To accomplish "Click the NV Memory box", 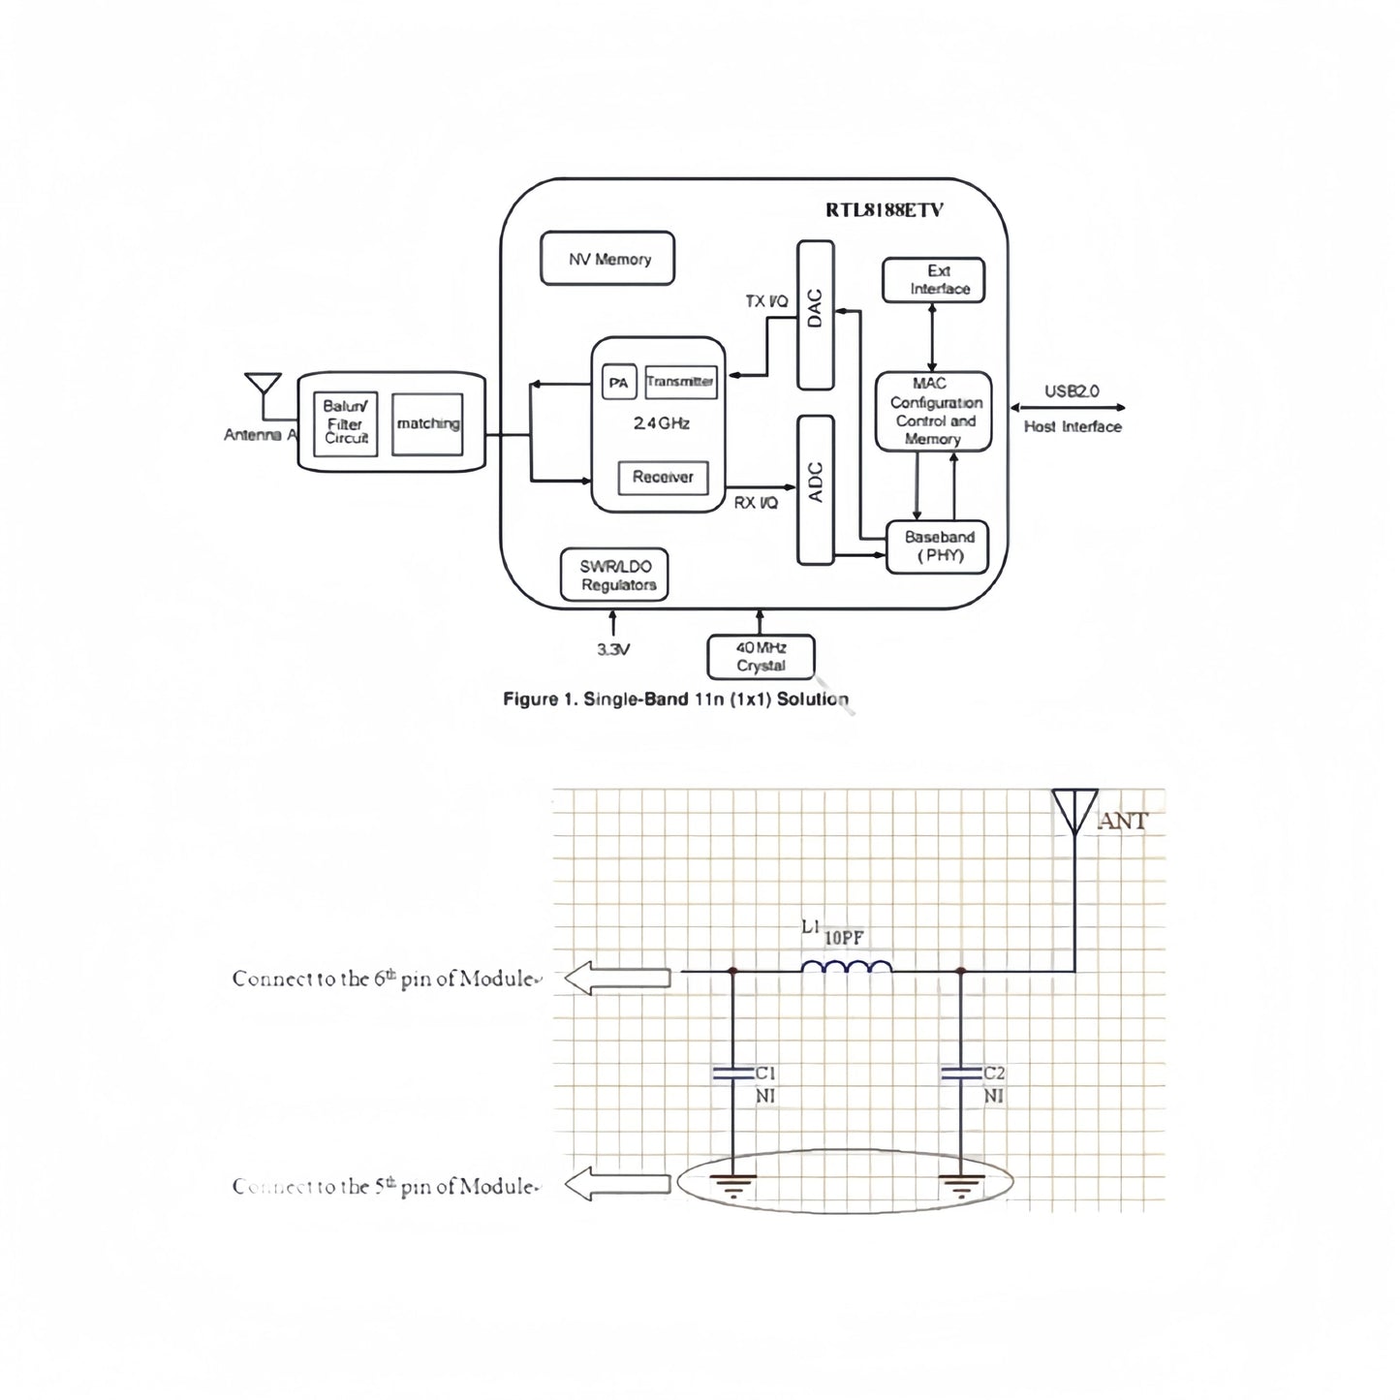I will (x=607, y=259).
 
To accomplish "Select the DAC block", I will (x=815, y=315).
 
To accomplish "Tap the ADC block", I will (x=815, y=489).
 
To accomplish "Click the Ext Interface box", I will (x=933, y=280).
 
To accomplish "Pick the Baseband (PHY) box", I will (x=938, y=546).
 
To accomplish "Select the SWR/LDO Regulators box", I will (x=614, y=576).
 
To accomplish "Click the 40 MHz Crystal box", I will (x=761, y=657).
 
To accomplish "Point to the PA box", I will (x=617, y=383).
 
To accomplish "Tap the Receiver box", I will (x=663, y=477).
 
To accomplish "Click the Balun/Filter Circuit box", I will (x=346, y=422).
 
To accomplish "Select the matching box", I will (x=427, y=423).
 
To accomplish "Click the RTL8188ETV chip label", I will (x=884, y=210).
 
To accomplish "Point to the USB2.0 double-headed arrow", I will (x=1068, y=408).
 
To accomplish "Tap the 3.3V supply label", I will (x=612, y=649).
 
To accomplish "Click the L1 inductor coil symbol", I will (x=847, y=968).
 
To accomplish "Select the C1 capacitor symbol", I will (x=732, y=1073).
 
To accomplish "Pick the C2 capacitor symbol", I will (x=961, y=1073).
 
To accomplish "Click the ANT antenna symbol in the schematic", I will (x=1074, y=812).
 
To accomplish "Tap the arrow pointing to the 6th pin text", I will (x=617, y=979).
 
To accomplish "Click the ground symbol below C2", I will (x=961, y=1184).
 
